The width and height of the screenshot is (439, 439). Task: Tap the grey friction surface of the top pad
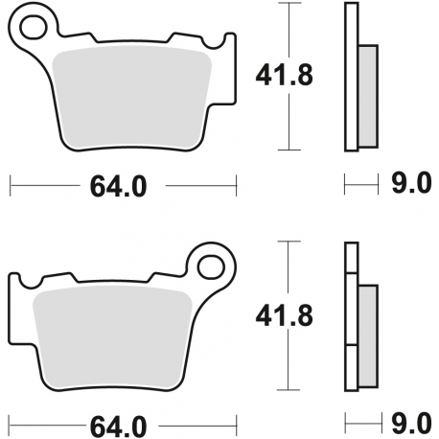pyautogui.click(x=134, y=96)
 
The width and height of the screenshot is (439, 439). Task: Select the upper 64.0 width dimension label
pyautogui.click(x=119, y=187)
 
